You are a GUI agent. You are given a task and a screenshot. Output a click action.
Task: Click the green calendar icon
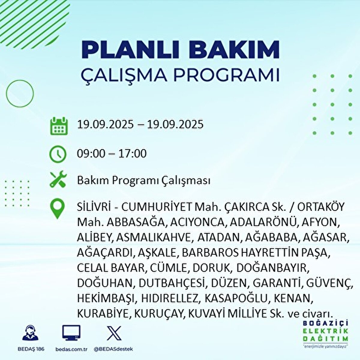click(x=58, y=126)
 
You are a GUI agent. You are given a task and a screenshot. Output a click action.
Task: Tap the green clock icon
click(x=58, y=154)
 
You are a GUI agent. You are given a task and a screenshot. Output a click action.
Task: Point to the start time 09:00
click(x=91, y=154)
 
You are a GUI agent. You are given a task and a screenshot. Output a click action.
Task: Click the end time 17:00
click(x=132, y=154)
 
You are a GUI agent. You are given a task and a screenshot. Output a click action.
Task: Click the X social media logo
click(x=114, y=333)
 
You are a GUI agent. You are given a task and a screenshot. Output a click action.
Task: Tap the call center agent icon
click(x=30, y=333)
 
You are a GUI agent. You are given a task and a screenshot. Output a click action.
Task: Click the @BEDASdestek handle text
click(x=113, y=349)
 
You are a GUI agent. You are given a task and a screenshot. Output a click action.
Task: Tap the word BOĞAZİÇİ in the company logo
click(x=325, y=323)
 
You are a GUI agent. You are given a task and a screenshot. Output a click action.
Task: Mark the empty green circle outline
click(x=20, y=93)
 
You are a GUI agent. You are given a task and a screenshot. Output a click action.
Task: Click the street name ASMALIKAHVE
click(x=154, y=237)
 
